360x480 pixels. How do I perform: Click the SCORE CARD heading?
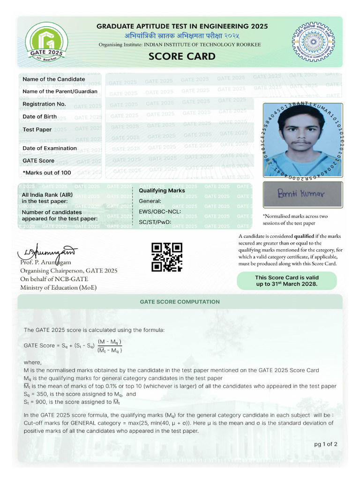pos(182,57)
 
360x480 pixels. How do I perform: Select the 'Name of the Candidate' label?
pos(54,79)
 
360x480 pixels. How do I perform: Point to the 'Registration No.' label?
pos(44,104)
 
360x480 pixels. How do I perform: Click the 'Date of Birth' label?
pos(40,117)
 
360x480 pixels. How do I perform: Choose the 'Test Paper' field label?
pos(37,129)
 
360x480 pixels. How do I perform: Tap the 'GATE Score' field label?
pos(38,161)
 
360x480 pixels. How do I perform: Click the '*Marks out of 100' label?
pos(47,173)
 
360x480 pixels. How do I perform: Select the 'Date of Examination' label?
pos(50,148)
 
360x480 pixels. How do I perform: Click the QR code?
pos(166,257)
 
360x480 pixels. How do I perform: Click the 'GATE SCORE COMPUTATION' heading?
pos(180,302)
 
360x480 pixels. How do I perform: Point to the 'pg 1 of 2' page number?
pos(325,444)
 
